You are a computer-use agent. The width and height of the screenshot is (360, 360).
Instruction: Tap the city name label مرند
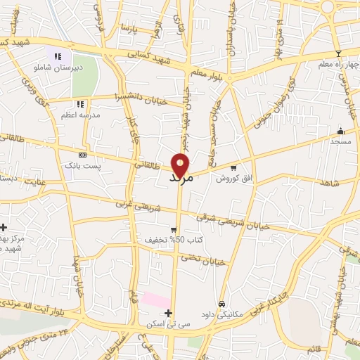181,179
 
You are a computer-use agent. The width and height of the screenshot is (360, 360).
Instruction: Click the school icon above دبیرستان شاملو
58,56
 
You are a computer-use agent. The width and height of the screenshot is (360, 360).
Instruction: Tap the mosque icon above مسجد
341,131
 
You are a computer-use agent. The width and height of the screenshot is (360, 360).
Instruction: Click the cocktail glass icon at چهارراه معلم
338,54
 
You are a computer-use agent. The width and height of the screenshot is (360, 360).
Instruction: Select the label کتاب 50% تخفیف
165,240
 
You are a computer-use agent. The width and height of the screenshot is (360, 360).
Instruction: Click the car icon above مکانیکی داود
221,304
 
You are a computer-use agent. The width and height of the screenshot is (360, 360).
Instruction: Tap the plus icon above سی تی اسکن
167,313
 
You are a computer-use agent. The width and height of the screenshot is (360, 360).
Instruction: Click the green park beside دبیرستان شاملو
84,81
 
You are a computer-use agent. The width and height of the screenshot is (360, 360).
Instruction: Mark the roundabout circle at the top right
328,6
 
